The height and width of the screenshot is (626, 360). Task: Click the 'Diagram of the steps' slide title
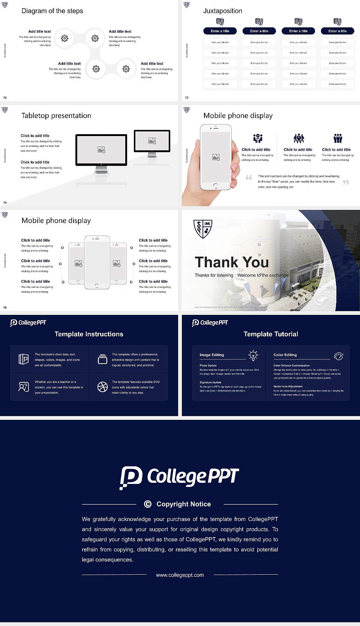tap(52, 11)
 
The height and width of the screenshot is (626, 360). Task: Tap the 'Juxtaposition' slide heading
tap(222, 11)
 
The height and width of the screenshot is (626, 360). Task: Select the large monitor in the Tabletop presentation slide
tap(101, 150)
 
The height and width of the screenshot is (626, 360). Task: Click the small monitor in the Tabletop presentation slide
tap(152, 141)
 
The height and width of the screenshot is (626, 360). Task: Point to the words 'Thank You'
tap(232, 262)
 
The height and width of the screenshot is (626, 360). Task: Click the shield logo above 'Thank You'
tap(203, 229)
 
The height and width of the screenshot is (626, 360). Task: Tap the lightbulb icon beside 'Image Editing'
tap(253, 355)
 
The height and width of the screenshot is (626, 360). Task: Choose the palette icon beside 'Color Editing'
tap(338, 356)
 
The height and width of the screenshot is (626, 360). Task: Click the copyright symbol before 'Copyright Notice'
tap(148, 504)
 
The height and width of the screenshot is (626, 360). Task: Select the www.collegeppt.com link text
tap(180, 575)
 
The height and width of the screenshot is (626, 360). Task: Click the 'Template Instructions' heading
tap(89, 334)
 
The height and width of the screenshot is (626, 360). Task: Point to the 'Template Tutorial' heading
tap(271, 334)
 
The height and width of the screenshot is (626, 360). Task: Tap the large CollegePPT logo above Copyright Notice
tap(179, 477)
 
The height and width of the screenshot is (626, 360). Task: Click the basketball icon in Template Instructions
tap(102, 387)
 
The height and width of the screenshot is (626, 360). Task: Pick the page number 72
tap(5, 97)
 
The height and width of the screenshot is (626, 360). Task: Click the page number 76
tap(5, 307)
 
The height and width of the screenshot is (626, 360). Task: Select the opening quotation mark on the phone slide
tap(249, 177)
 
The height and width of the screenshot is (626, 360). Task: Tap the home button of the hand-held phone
tap(215, 186)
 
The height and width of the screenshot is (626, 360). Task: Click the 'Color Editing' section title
tap(285, 355)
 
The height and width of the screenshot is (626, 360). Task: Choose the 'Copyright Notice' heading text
tap(183, 504)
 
